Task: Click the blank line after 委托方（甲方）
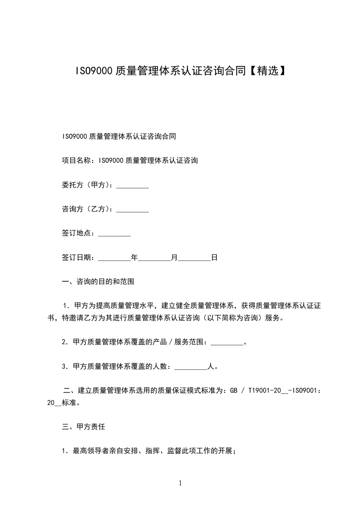[x=133, y=186]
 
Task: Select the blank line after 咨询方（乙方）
[x=133, y=210]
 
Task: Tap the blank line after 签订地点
[x=114, y=234]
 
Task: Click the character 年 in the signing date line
[x=134, y=258]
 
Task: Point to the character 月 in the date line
[x=174, y=258]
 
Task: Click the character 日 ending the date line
[x=214, y=258]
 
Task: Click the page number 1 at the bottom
[x=180, y=483]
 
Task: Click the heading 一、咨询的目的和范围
[x=98, y=282]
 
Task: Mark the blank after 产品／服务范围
[x=227, y=342]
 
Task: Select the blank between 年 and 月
[x=154, y=258]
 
